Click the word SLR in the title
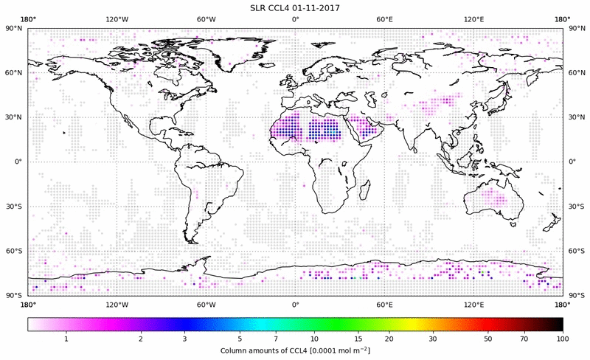click(x=259, y=7)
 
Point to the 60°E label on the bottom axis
click(x=384, y=304)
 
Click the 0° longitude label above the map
click(x=295, y=18)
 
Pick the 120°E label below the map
click(x=473, y=304)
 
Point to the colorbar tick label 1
click(x=66, y=338)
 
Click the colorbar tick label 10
click(x=314, y=338)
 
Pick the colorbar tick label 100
click(x=563, y=338)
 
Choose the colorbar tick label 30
click(x=433, y=338)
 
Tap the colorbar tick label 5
click(x=240, y=338)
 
